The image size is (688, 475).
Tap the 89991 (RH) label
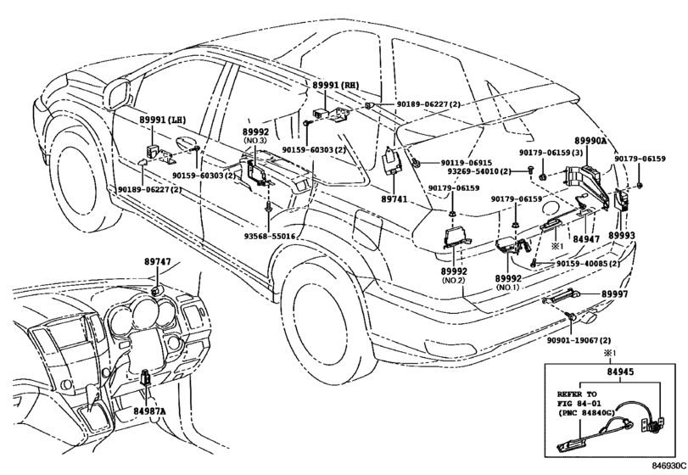coord(335,87)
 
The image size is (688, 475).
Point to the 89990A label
coord(590,141)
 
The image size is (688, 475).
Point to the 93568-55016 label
coord(270,237)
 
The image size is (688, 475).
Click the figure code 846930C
coord(668,466)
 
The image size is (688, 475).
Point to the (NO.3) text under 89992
coord(256,141)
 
